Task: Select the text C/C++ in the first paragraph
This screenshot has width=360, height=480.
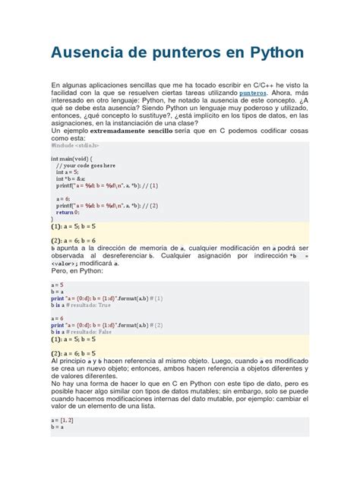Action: coord(246,83)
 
